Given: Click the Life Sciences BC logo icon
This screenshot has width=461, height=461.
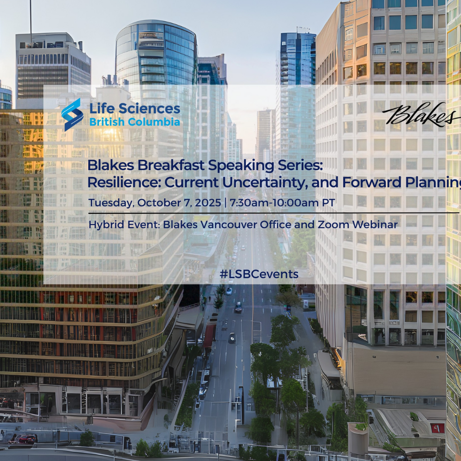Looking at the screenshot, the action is coord(72,115).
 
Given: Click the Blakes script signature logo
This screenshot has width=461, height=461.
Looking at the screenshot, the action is coord(421,114).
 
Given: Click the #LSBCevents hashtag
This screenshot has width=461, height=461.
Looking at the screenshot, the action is coord(259,274).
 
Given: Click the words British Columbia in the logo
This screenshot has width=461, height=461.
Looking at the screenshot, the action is coord(135,122).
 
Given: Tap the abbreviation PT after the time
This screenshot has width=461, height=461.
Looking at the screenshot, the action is coord(328,203).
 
